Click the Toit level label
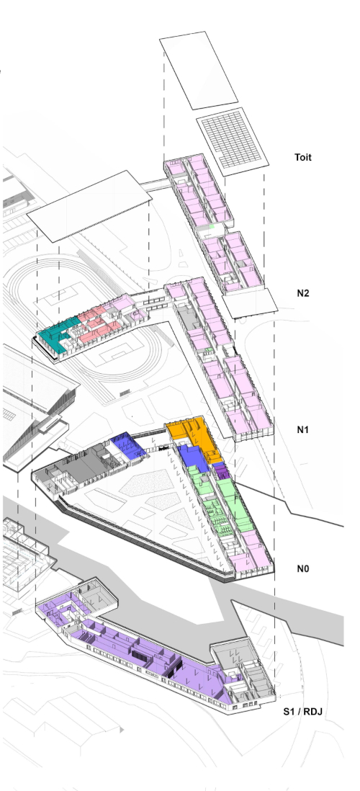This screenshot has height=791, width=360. coord(303,157)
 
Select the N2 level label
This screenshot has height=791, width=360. coord(303,293)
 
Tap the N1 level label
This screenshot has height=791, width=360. coord(302,430)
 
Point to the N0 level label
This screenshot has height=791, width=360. coord(302,568)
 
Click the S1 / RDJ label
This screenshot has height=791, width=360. coord(302,712)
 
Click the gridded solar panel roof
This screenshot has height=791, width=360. coord(232,141)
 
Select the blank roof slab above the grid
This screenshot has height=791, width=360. coord(199,70)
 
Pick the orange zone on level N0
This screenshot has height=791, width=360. coord(196,436)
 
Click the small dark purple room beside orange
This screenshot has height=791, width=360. coord(221,471)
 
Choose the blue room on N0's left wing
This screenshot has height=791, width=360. coord(129,445)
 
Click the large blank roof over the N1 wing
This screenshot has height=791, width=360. coord(89,206)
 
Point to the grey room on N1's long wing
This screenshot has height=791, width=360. coord(188,318)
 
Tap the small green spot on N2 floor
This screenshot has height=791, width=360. coord(212,226)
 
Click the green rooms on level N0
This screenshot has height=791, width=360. coord(222,504)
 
